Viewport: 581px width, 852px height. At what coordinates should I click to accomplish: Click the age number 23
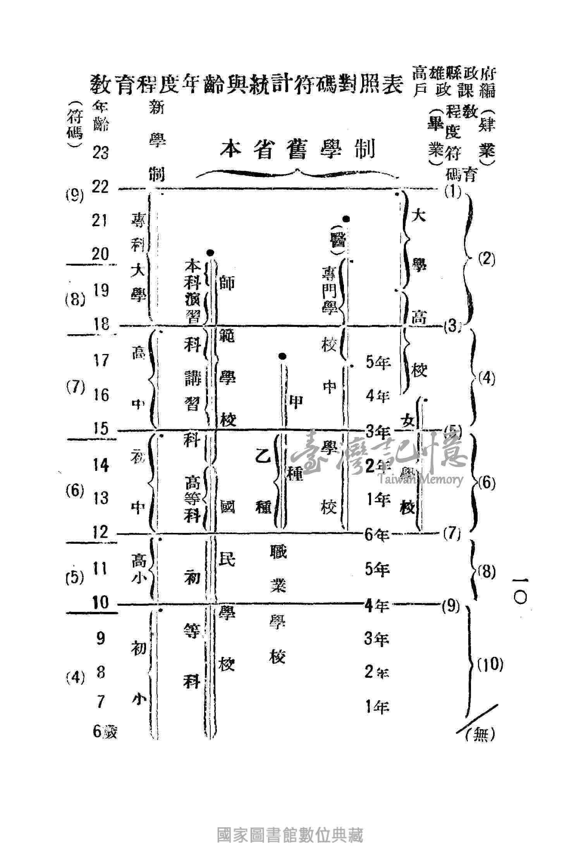101,153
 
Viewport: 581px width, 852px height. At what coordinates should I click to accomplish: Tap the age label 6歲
105,732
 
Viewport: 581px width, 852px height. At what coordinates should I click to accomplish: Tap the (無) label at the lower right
481,733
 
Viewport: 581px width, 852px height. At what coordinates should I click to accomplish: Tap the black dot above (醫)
347,219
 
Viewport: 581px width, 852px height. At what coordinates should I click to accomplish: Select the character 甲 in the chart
296,403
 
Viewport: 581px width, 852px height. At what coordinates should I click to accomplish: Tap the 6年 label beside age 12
376,535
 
